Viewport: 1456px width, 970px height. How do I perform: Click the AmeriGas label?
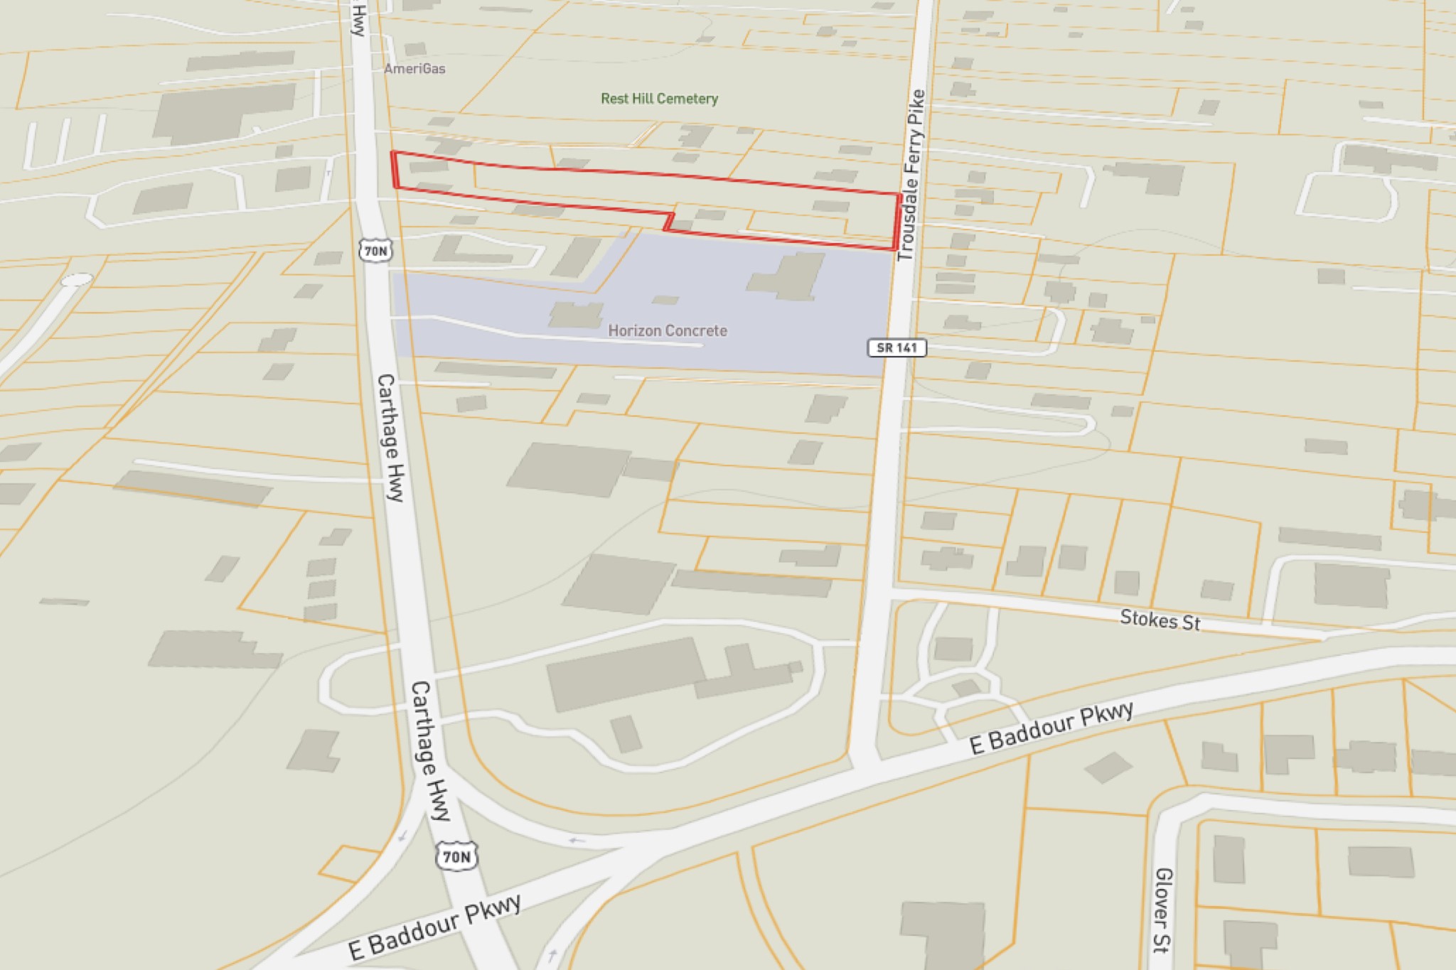tap(414, 69)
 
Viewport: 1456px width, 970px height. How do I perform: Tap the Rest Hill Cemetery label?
tap(659, 99)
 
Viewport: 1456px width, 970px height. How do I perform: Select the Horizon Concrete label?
tap(667, 330)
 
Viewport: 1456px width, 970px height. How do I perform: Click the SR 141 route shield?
tap(896, 347)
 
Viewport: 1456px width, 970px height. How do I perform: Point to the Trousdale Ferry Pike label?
tap(911, 175)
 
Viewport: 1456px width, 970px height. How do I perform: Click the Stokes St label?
tap(1160, 620)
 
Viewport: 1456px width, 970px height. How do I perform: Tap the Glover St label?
tap(1162, 910)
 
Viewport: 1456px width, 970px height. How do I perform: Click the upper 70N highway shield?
tap(375, 251)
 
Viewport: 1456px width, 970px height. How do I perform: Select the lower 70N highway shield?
tap(456, 856)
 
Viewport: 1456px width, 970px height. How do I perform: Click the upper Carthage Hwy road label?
tap(390, 437)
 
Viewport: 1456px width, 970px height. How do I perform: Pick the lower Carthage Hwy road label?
tap(431, 750)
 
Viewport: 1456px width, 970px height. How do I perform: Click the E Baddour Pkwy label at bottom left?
tap(434, 927)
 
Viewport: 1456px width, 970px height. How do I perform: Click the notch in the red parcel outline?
tap(669, 221)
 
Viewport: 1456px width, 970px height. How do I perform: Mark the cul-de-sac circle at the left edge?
tap(77, 280)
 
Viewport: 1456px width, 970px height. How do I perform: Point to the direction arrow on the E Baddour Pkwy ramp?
tap(577, 841)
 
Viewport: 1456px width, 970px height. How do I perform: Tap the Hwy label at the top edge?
tap(359, 19)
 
